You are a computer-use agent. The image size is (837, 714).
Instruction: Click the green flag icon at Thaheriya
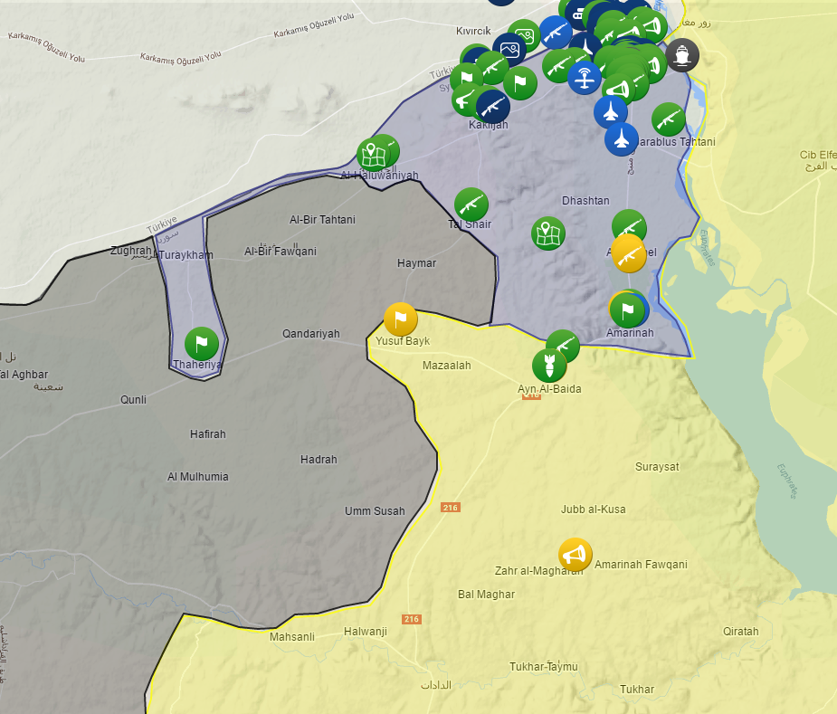(202, 344)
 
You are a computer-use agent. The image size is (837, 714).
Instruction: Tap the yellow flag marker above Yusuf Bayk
(400, 319)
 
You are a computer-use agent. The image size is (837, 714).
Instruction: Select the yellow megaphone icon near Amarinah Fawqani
(575, 554)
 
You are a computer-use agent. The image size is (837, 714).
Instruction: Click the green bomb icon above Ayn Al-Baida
(549, 366)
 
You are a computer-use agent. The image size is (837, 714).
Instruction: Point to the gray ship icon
(682, 55)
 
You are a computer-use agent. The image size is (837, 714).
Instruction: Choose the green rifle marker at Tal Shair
(471, 205)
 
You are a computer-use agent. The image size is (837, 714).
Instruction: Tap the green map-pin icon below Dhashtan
(547, 233)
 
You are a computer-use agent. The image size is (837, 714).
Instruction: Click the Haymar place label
(416, 263)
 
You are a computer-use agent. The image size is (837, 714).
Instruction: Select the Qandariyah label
(310, 334)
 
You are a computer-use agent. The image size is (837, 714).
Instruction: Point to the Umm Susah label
(375, 511)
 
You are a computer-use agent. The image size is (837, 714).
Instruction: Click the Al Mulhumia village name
(198, 477)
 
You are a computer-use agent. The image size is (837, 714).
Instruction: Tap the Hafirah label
(208, 434)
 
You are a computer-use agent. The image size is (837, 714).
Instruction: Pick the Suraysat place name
(657, 467)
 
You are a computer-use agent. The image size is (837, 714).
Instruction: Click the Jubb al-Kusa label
(593, 509)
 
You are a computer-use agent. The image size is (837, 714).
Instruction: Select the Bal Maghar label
(486, 595)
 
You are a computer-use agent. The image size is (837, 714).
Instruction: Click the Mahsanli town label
(292, 637)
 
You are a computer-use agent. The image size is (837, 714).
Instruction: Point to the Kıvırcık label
(473, 31)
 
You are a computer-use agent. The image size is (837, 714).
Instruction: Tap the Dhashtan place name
(585, 201)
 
